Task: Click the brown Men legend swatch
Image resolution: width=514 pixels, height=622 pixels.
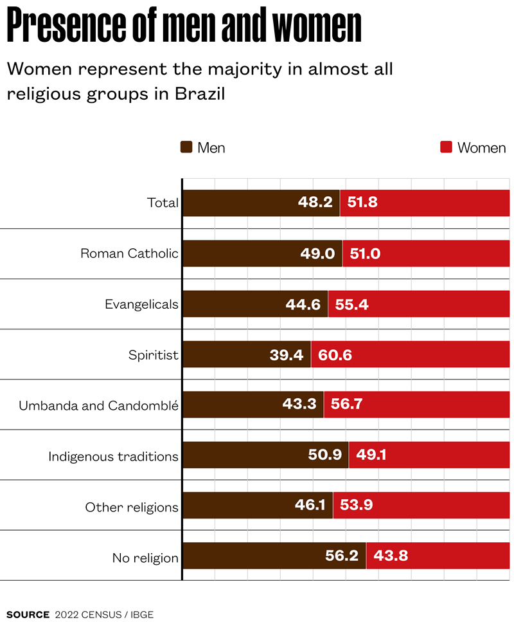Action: tap(187, 147)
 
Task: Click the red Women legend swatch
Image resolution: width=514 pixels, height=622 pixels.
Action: tap(446, 147)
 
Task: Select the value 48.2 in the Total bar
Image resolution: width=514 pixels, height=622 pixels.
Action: tap(315, 203)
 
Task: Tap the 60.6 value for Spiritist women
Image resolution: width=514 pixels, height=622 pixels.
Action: tap(334, 355)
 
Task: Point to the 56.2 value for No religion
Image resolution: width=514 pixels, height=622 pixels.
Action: tap(342, 556)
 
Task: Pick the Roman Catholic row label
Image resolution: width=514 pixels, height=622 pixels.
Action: tap(129, 253)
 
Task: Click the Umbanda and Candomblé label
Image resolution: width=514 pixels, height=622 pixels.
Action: tap(98, 406)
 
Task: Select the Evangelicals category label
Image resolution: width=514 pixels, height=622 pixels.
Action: tap(141, 304)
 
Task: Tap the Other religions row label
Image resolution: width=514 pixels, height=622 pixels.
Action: tap(132, 508)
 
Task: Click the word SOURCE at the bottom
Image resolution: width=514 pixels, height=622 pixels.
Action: tap(28, 614)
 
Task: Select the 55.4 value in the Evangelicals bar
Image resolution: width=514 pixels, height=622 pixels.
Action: tap(352, 304)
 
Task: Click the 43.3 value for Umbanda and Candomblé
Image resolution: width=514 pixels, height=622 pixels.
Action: tap(301, 405)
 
